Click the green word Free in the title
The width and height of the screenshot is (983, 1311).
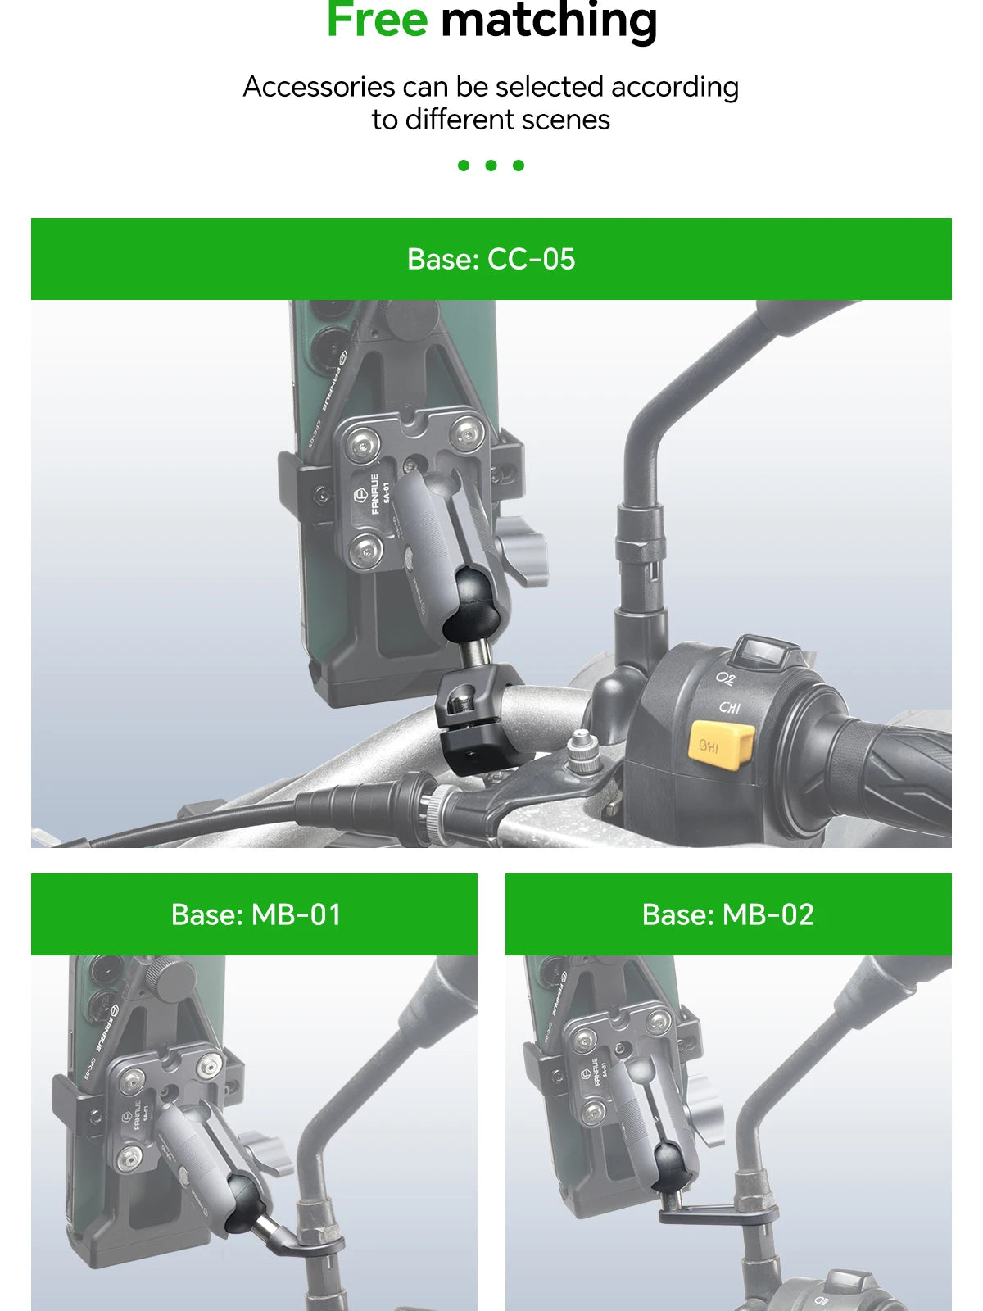tap(377, 20)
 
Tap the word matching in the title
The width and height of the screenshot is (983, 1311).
tap(549, 21)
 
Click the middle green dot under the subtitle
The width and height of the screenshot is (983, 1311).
tap(491, 166)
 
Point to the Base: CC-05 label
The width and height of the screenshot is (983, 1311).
tap(491, 259)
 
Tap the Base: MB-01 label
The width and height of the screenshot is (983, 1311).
tap(256, 914)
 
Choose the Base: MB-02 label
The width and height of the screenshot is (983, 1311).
tap(728, 914)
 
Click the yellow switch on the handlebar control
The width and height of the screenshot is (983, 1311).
tap(721, 744)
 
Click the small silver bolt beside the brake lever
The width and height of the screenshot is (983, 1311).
tap(582, 750)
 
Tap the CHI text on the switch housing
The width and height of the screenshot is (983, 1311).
tap(729, 707)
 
